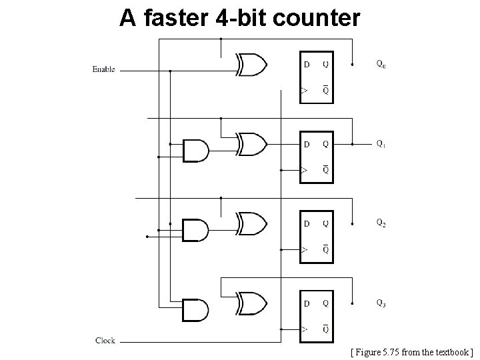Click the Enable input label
click(x=103, y=69)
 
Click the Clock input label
click(x=105, y=341)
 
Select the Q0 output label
click(x=380, y=65)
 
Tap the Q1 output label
click(x=380, y=143)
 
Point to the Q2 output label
click(x=380, y=223)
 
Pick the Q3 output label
click(x=380, y=303)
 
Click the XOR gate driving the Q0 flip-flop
click(x=251, y=65)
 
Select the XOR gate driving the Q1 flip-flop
click(x=251, y=144)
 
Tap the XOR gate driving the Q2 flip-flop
click(x=251, y=223)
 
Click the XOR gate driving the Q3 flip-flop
click(x=251, y=303)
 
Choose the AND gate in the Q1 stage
click(x=195, y=151)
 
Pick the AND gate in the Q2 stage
click(x=195, y=230)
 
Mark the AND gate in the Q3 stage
click(x=195, y=309)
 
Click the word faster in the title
click(x=175, y=18)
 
